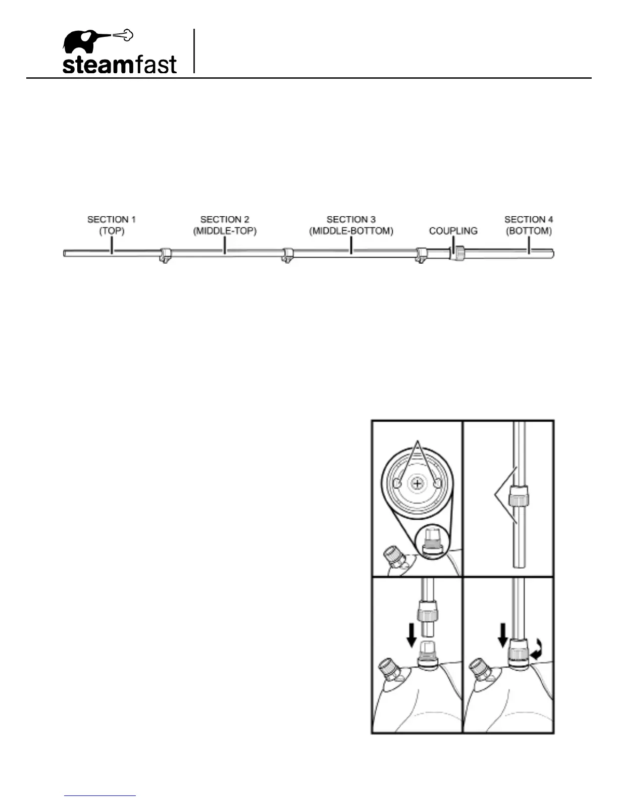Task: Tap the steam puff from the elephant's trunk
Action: [x=123, y=35]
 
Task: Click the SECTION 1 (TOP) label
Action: [x=112, y=225]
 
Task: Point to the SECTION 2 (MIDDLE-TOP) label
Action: [x=225, y=225]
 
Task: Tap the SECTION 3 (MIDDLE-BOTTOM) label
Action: [x=351, y=225]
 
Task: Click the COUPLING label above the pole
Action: [x=453, y=231]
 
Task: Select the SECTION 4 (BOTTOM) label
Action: [x=529, y=225]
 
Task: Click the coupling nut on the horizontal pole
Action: [x=458, y=253]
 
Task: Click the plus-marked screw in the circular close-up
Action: [x=417, y=484]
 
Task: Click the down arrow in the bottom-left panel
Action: [x=411, y=635]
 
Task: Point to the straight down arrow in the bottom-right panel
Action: [x=502, y=635]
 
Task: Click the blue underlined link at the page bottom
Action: [x=100, y=796]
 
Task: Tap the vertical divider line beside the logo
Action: [x=194, y=52]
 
